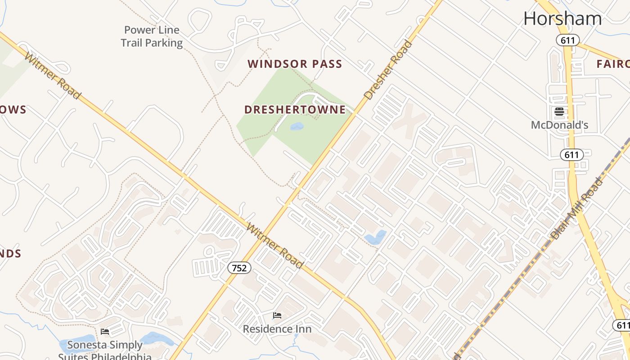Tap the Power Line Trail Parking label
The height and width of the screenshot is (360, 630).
(x=152, y=36)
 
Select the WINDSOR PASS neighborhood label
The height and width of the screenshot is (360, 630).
(x=295, y=64)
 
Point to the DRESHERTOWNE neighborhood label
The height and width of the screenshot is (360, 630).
(x=295, y=109)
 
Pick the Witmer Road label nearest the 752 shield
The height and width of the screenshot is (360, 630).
(x=275, y=246)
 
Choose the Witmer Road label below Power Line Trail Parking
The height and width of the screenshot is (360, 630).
(x=53, y=76)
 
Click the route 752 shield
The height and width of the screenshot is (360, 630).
(x=239, y=268)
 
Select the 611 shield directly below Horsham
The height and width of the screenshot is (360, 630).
(x=567, y=40)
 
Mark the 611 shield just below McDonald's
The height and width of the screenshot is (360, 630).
(x=571, y=155)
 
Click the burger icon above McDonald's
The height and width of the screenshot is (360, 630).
(x=559, y=112)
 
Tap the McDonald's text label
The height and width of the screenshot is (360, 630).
(x=559, y=125)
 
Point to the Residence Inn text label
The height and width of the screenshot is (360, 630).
(x=277, y=329)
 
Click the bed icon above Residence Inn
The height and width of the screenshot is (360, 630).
(x=277, y=315)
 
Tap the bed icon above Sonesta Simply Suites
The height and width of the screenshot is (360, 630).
(x=105, y=332)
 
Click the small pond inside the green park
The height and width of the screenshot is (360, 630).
(x=297, y=126)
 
